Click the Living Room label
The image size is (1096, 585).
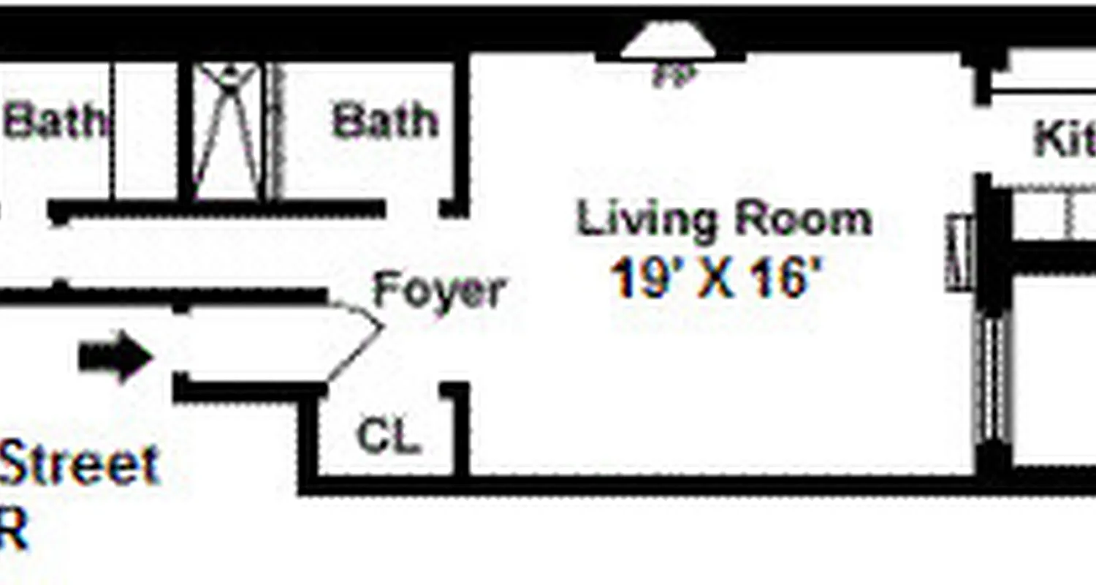[724, 219]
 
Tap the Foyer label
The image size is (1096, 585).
[438, 291]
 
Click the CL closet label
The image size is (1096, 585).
[389, 437]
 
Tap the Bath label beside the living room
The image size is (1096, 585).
[385, 121]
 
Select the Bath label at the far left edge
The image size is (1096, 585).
[53, 121]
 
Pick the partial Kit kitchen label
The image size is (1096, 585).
[1064, 139]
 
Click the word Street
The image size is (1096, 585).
[79, 464]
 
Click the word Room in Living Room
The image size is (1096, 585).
[803, 219]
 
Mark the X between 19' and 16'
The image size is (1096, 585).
[716, 280]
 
